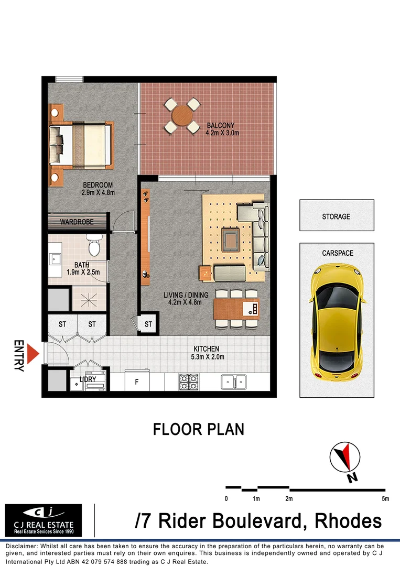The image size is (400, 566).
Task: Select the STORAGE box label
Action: click(x=336, y=216)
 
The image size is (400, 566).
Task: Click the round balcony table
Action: click(x=182, y=115)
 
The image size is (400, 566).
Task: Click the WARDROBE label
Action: click(x=77, y=222)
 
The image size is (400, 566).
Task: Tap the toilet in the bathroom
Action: click(x=94, y=246)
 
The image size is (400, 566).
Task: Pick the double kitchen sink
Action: click(x=234, y=381)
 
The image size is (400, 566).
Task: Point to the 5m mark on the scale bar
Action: click(x=386, y=498)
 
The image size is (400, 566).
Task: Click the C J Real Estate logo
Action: click(x=44, y=520)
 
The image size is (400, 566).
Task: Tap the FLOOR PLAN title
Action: click(x=199, y=430)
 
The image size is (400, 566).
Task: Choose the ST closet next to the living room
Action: click(x=148, y=324)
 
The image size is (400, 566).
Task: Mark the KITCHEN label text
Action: click(x=206, y=349)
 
